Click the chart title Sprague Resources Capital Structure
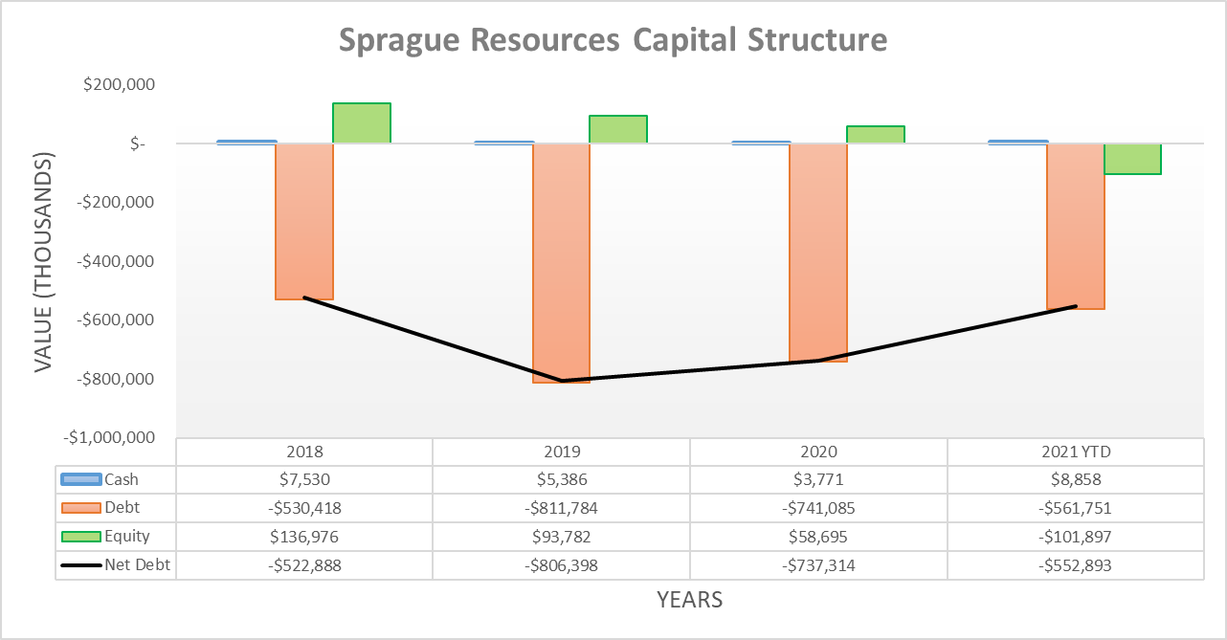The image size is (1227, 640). (x=613, y=41)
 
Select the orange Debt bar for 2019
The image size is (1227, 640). (x=561, y=263)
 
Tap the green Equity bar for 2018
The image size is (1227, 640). (x=362, y=122)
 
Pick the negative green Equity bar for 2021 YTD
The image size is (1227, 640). (x=1132, y=159)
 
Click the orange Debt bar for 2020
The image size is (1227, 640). (x=818, y=253)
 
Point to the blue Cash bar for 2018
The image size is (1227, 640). (x=247, y=142)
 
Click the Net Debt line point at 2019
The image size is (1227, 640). (x=561, y=381)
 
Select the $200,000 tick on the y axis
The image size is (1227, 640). (x=119, y=85)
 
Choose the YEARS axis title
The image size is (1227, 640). (x=689, y=601)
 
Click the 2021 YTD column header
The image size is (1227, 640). (x=1076, y=452)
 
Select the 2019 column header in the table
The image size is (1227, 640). (x=561, y=452)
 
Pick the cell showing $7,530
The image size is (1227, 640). (x=304, y=480)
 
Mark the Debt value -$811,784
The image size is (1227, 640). (x=561, y=508)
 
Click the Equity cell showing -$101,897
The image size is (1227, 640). (x=1076, y=537)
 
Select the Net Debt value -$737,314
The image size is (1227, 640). (x=818, y=565)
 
